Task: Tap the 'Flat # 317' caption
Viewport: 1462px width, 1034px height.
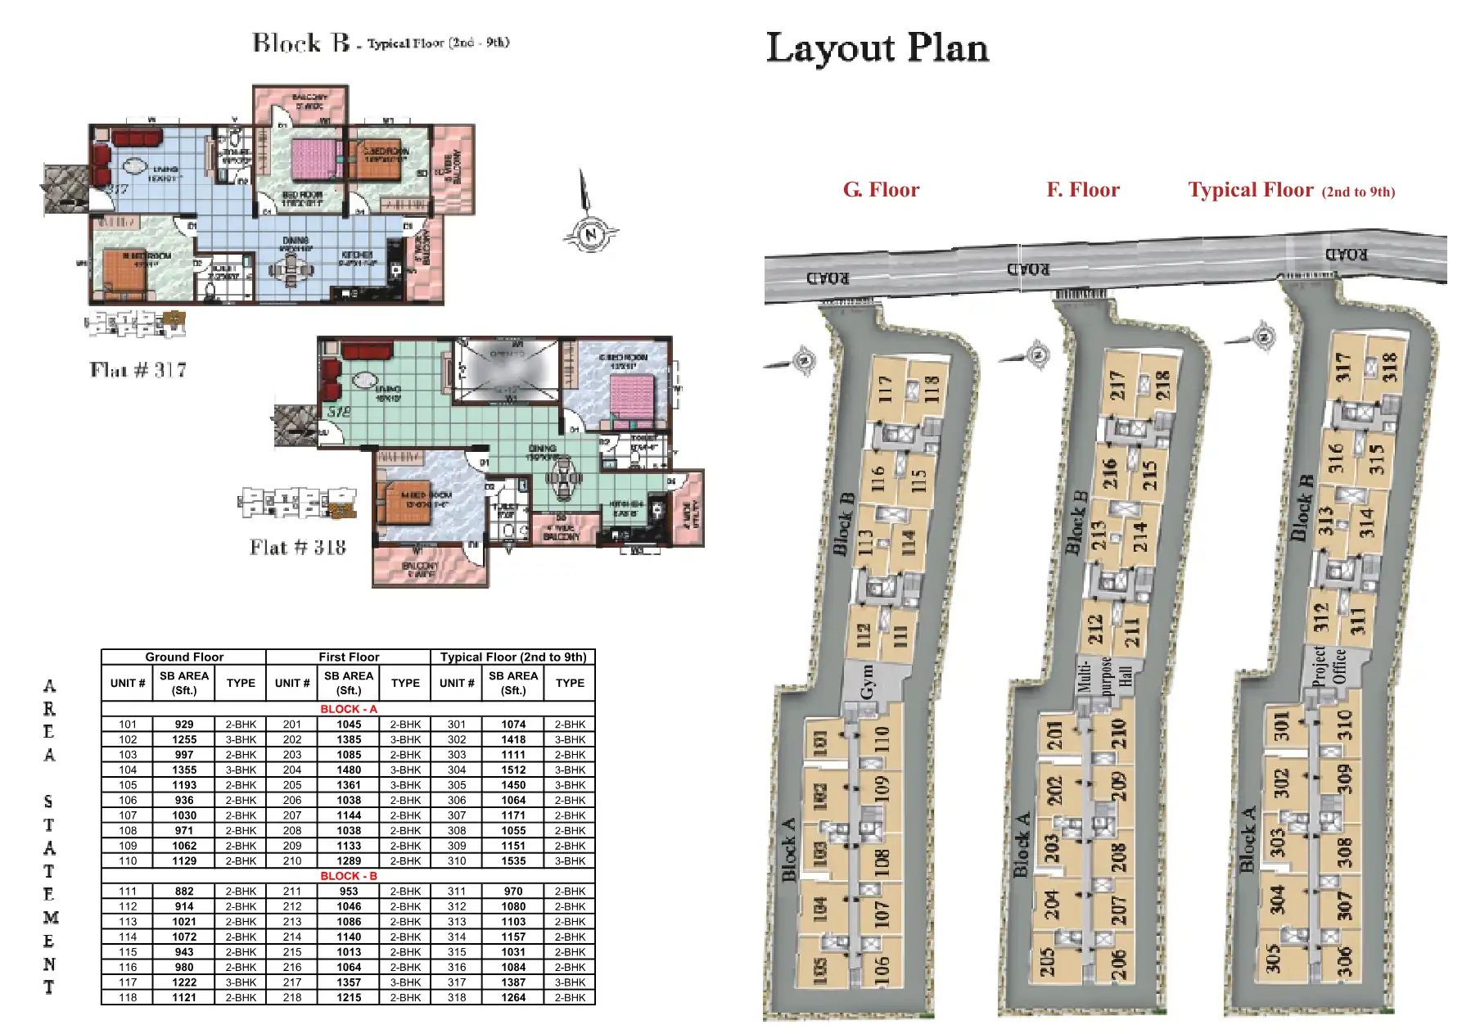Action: point(138,370)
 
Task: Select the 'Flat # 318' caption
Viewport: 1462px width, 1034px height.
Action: point(298,548)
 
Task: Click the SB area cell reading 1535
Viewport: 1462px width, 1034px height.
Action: point(513,860)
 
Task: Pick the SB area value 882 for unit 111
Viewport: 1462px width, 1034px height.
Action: point(184,891)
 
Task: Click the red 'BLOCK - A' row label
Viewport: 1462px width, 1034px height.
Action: point(349,709)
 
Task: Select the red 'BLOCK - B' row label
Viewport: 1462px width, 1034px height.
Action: point(349,876)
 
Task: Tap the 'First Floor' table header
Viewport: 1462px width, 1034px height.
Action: point(349,657)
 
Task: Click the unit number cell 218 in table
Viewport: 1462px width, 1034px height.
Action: point(292,997)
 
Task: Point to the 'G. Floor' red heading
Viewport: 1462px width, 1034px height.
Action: point(881,190)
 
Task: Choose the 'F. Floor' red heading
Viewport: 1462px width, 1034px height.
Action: point(1082,190)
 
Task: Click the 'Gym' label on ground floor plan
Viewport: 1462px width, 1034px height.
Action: point(867,681)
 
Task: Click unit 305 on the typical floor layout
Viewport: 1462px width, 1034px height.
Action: point(1273,958)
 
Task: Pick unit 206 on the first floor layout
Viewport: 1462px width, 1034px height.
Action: point(1118,964)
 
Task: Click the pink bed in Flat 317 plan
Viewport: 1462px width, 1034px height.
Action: point(311,159)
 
